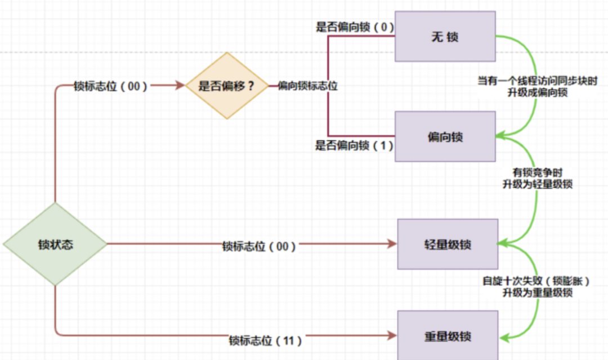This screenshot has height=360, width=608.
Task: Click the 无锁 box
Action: [x=445, y=37]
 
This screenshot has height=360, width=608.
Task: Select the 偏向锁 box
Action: [x=445, y=137]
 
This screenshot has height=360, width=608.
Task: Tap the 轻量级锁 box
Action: [x=448, y=245]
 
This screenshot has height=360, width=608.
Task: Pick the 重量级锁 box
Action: [x=448, y=336]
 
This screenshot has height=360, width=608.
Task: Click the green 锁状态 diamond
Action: [x=55, y=245]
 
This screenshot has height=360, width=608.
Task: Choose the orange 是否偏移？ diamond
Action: [x=226, y=86]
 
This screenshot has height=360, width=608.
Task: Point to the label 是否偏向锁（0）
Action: [x=354, y=26]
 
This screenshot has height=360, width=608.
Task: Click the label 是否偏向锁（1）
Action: [x=354, y=145]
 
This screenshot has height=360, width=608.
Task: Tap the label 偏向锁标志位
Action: [x=307, y=86]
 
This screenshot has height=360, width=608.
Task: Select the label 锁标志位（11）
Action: [x=266, y=340]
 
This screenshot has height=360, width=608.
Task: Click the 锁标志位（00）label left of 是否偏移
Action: [x=110, y=86]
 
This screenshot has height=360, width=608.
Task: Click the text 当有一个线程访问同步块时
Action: [x=537, y=82]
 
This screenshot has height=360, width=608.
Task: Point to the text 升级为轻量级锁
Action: [x=537, y=184]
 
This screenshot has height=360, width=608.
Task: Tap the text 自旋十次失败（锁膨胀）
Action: [x=537, y=282]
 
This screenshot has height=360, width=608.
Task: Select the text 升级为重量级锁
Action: [x=537, y=292]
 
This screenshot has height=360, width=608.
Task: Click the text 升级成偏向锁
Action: [x=537, y=92]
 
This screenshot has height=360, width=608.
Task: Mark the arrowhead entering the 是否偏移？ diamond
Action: [x=181, y=86]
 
